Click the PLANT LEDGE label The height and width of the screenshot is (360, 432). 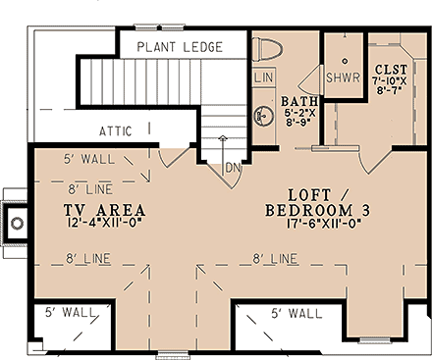(x=180, y=47)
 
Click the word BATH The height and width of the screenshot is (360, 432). (x=297, y=102)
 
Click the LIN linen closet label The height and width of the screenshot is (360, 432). (x=264, y=77)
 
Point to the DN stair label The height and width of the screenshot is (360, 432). (x=234, y=167)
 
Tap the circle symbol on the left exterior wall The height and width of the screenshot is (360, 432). (x=17, y=225)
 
